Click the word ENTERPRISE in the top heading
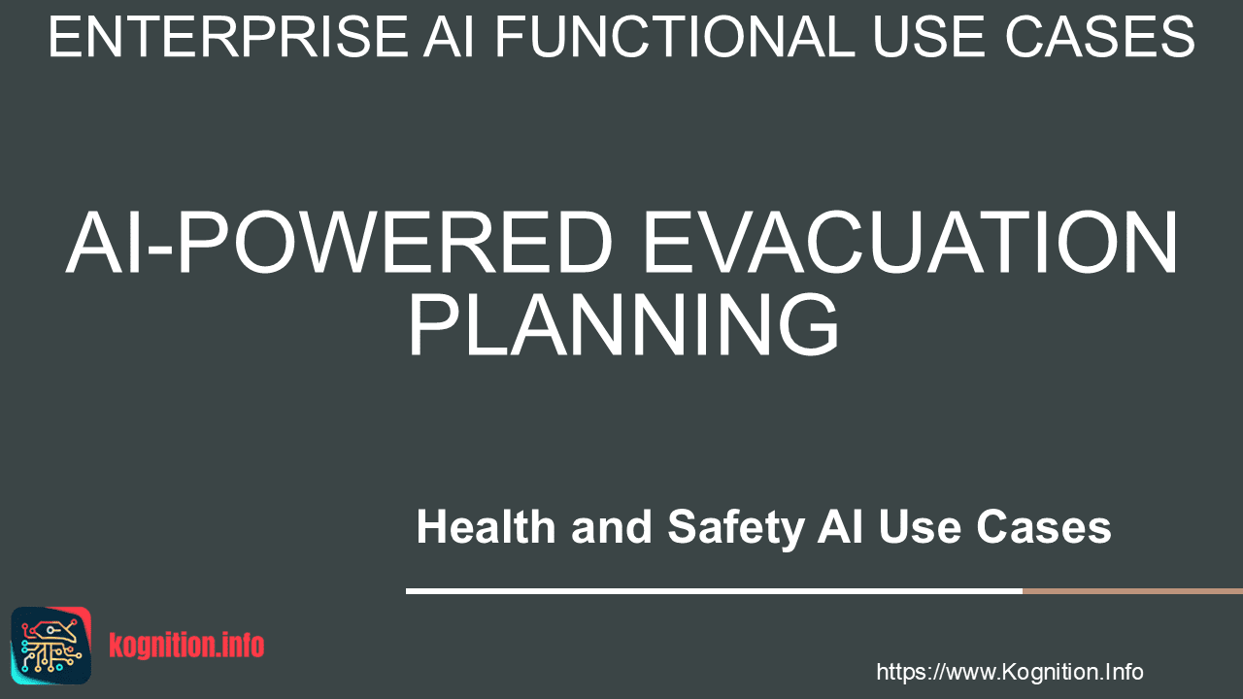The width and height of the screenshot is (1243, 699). (228, 37)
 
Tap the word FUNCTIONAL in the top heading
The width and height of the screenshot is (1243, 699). (675, 37)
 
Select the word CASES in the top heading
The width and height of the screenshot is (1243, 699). (1100, 37)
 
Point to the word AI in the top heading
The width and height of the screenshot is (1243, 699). (449, 37)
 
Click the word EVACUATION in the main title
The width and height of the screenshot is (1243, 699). (910, 242)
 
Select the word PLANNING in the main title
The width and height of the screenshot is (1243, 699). (623, 324)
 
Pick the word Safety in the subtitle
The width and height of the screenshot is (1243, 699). (736, 528)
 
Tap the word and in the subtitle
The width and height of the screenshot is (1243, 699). (612, 526)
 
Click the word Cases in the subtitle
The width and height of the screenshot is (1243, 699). (1044, 526)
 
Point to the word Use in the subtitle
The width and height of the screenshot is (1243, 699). (920, 526)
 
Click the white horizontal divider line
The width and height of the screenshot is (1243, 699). (714, 591)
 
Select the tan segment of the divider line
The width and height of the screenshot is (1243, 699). (1132, 591)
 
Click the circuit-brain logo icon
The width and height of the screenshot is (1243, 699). (51, 646)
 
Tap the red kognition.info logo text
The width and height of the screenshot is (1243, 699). (186, 646)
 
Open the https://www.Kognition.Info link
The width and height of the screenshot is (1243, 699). (1009, 672)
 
